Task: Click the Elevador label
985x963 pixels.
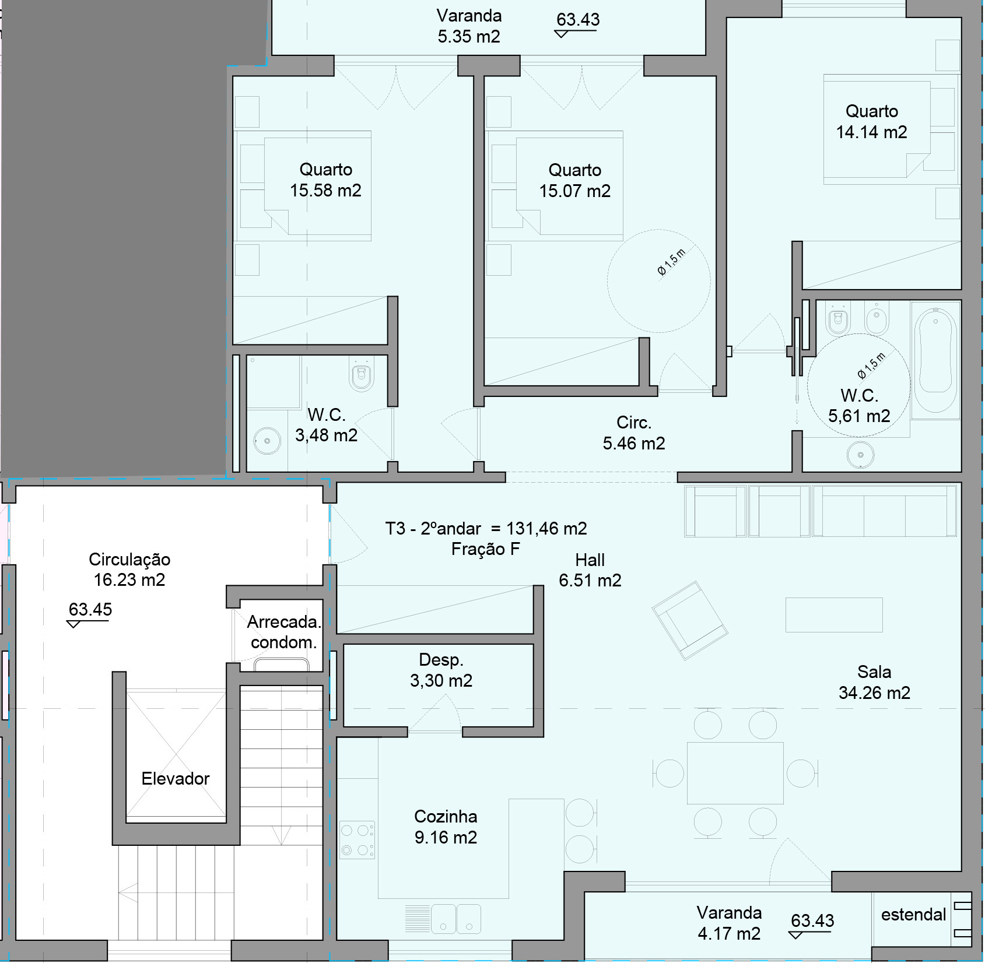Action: click(x=175, y=779)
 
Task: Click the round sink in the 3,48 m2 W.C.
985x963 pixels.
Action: click(x=267, y=441)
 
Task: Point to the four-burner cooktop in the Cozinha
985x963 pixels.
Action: click(x=357, y=840)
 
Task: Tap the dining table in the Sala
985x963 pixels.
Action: click(x=735, y=774)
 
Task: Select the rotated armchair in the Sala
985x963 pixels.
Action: click(x=689, y=620)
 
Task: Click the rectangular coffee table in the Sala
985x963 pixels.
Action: click(x=833, y=614)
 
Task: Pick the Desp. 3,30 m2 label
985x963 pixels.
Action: click(x=441, y=670)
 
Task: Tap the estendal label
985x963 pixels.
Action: click(x=913, y=915)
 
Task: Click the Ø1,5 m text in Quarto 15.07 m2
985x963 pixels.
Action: click(x=671, y=261)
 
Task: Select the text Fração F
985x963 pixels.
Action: click(x=485, y=549)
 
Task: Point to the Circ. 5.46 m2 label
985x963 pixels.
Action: click(x=633, y=433)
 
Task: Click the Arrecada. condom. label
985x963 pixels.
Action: click(x=283, y=632)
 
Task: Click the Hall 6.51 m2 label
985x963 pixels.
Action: click(x=590, y=570)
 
